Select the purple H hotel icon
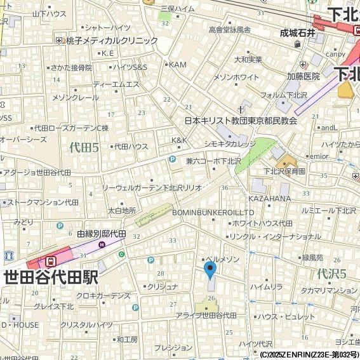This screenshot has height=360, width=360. (x=102, y=244)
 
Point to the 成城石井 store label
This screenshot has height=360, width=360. (x=298, y=34)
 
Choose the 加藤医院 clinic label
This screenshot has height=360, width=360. (x=303, y=76)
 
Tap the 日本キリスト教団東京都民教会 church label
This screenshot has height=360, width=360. (x=241, y=120)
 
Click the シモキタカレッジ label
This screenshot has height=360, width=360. (x=230, y=143)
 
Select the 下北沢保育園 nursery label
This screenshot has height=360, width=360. (x=285, y=171)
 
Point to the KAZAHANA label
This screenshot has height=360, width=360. (x=269, y=199)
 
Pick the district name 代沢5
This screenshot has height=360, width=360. (x=331, y=274)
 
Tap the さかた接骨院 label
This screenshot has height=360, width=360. (x=71, y=67)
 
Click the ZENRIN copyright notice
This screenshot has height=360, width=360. (x=309, y=354)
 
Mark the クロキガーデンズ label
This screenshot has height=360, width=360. (x=103, y=296)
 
